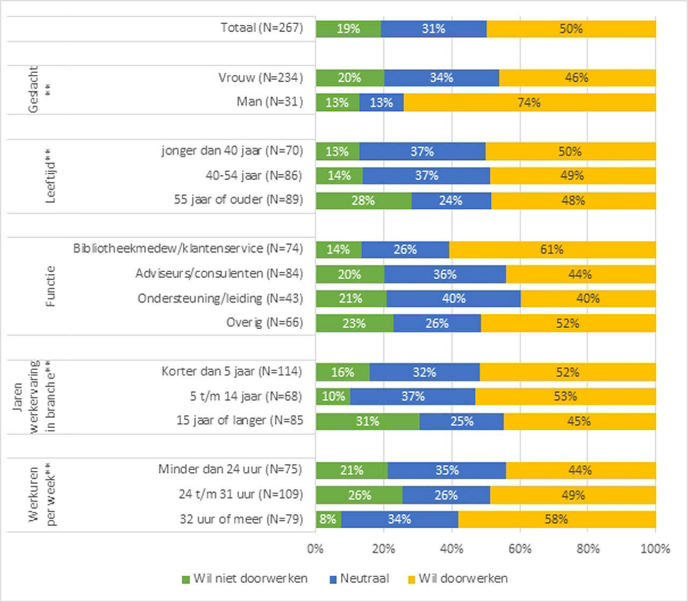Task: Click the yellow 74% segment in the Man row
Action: click(529, 102)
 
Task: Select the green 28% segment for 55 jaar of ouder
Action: click(363, 201)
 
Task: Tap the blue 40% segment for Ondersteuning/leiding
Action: click(453, 299)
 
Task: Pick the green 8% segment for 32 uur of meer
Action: click(328, 519)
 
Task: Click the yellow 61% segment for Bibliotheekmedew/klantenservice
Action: click(552, 250)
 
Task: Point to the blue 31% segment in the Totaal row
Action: click(433, 29)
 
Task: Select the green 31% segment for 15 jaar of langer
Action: click(368, 421)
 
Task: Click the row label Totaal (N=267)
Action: click(262, 28)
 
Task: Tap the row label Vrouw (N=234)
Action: click(260, 77)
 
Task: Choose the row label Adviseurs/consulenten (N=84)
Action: click(219, 274)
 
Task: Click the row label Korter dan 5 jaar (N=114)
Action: click(232, 372)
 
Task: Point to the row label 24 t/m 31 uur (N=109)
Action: click(241, 494)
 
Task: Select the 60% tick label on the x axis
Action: click(520, 549)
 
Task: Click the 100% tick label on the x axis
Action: click(655, 549)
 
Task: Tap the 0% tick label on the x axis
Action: click(316, 549)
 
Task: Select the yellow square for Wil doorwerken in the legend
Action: click(412, 579)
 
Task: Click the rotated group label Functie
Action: click(51, 286)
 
